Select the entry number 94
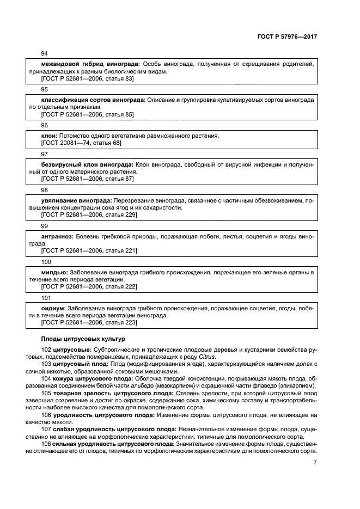click(x=45, y=53)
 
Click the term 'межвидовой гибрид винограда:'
click(x=90, y=64)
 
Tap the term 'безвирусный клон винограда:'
click(x=87, y=164)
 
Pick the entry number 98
click(x=45, y=189)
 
